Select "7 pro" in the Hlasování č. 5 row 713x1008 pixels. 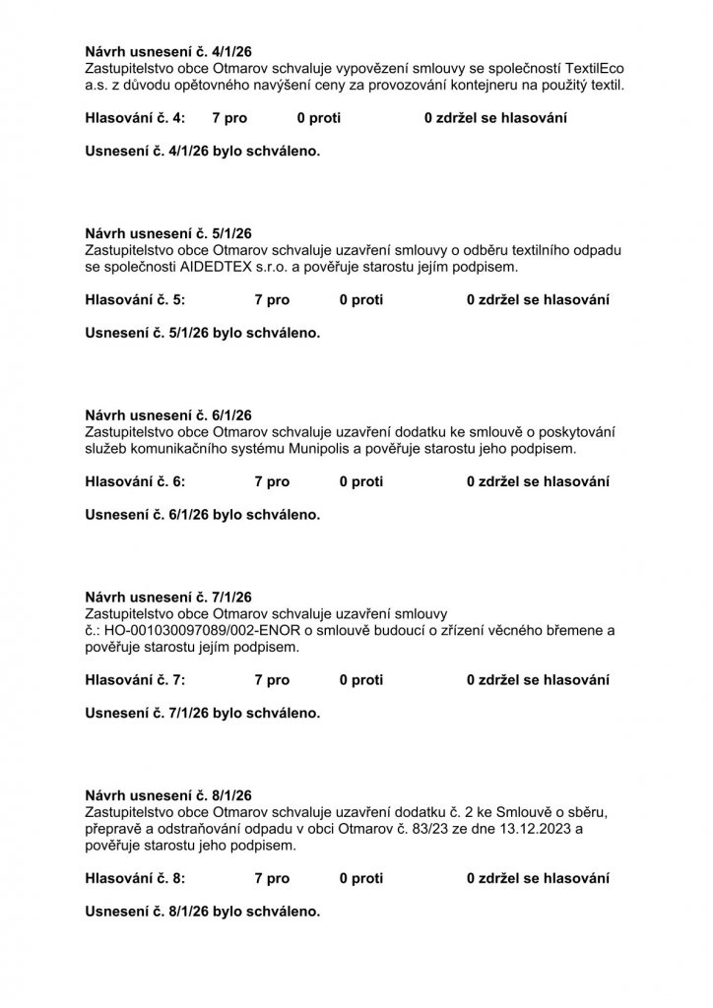pos(272,299)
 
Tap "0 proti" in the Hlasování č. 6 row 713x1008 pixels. pos(361,481)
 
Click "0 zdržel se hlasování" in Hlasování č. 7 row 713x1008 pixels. pos(538,679)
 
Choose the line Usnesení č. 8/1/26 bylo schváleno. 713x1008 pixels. pos(203,911)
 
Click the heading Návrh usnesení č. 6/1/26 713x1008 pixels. pos(168,415)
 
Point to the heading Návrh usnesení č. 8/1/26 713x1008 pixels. pos(168,794)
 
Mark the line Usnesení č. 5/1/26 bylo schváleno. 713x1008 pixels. pos(203,333)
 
